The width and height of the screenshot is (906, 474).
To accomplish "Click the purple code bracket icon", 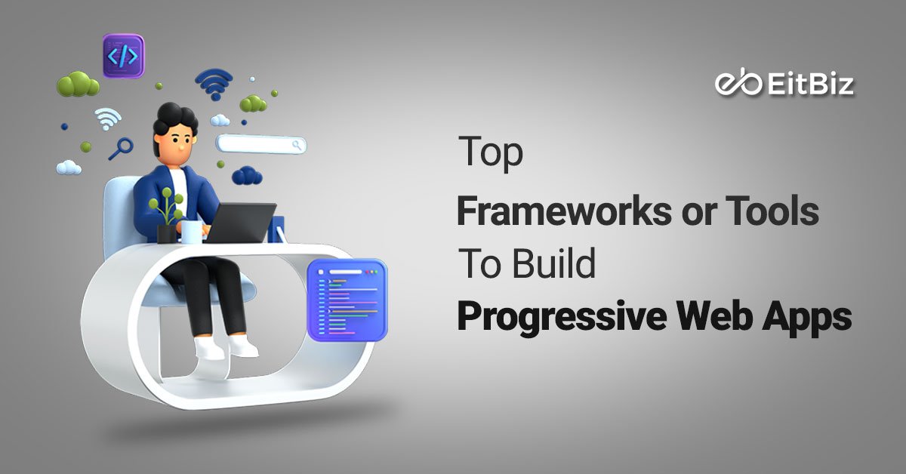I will (123, 55).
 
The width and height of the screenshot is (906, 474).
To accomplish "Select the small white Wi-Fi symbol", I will (108, 119).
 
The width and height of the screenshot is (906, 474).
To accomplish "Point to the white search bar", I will (260, 143).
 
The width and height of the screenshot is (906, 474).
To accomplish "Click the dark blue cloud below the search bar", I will (247, 176).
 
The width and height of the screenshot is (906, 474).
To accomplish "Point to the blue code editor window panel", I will (347, 298).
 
